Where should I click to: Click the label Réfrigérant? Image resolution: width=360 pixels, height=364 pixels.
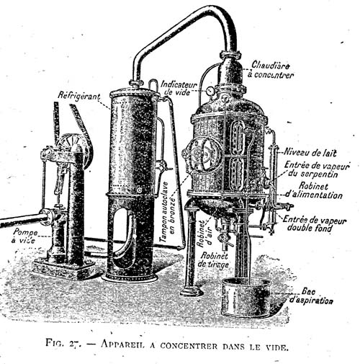79,96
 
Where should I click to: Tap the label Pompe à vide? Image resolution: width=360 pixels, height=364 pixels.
25,236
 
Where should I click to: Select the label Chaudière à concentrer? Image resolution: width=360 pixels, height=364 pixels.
271,70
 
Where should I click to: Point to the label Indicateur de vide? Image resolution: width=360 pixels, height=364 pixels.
179,88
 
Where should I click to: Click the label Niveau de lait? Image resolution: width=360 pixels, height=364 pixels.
310,153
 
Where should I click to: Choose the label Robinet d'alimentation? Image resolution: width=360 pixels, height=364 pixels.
314,190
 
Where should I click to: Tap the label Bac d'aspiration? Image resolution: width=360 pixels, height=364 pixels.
311,296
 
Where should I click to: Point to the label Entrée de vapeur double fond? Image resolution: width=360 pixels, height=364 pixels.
315,223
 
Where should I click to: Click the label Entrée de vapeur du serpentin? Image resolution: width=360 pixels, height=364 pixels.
317,169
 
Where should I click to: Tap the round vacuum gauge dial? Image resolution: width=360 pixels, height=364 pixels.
210,91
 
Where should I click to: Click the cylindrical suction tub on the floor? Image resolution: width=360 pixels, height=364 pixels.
246,297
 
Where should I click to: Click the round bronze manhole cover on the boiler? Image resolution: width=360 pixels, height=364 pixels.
204,154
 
